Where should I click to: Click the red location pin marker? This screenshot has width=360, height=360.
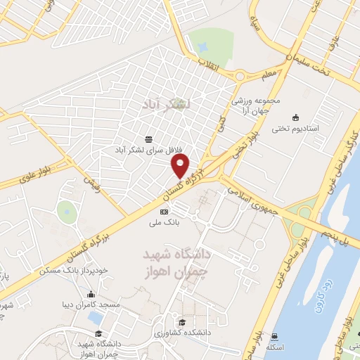click(x=181, y=167)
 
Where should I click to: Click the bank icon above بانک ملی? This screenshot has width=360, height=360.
click(x=165, y=212)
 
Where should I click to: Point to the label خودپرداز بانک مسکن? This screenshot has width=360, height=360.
click(x=73, y=270)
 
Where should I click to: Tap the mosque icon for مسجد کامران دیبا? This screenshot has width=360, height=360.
click(x=91, y=295)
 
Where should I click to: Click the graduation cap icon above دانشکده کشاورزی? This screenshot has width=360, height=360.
click(x=182, y=323)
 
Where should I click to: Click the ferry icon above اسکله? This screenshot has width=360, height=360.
click(x=274, y=336)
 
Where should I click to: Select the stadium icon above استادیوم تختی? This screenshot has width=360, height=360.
click(x=295, y=117)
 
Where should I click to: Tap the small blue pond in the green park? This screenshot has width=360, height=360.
click(x=203, y=46)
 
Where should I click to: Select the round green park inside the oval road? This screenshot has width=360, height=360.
click(x=66, y=212)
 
